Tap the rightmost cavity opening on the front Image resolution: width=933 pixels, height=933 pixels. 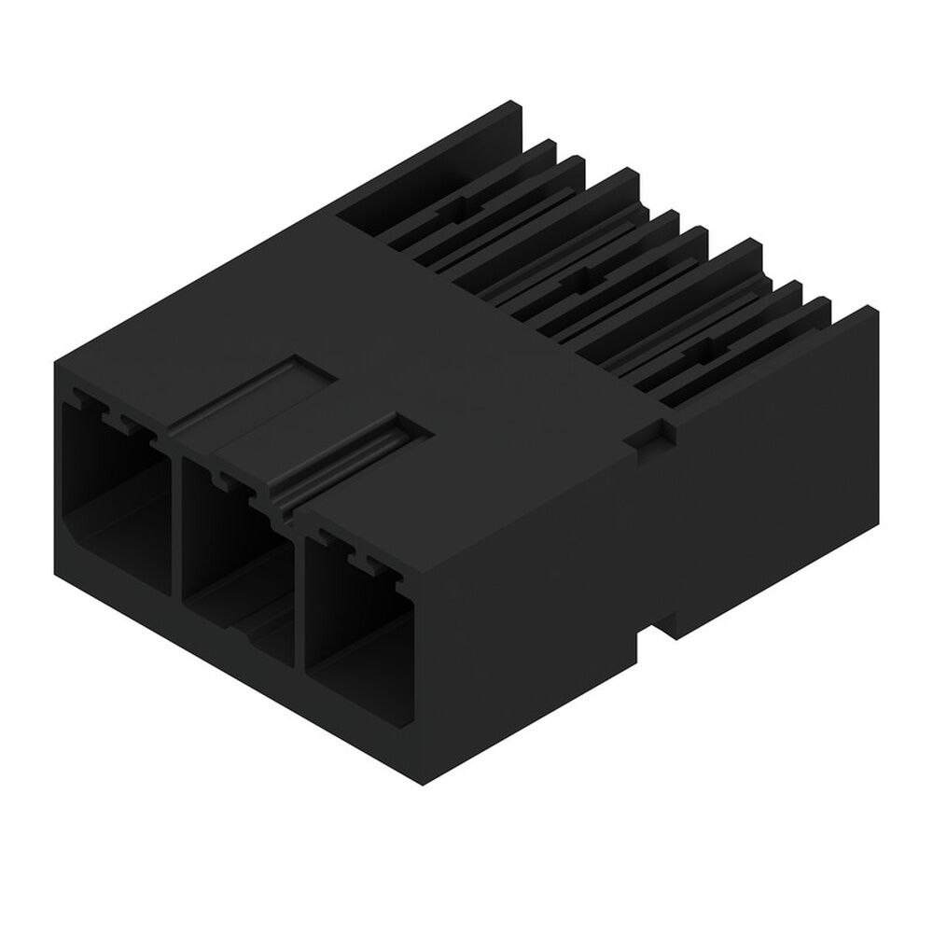[x=359, y=606]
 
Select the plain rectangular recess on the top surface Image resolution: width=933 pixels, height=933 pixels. [x=252, y=392]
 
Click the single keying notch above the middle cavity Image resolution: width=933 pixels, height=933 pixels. [x=224, y=481]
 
